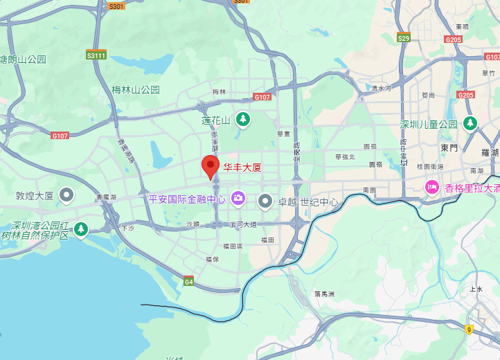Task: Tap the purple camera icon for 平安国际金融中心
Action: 238,199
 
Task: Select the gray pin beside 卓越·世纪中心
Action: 265,201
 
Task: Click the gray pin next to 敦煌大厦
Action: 66,195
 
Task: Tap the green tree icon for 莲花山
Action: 242,119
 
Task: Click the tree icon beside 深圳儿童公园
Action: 470,123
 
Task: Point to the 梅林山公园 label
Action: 136,89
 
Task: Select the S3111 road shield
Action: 96,55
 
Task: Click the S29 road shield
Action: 403,37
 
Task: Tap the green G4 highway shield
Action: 188,281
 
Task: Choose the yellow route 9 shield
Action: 470,330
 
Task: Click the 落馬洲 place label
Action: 324,294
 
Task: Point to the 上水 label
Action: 476,289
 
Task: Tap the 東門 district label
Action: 449,147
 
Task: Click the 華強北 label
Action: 344,156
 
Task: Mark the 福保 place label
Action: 212,259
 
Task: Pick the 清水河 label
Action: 381,88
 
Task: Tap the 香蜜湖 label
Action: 107,197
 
